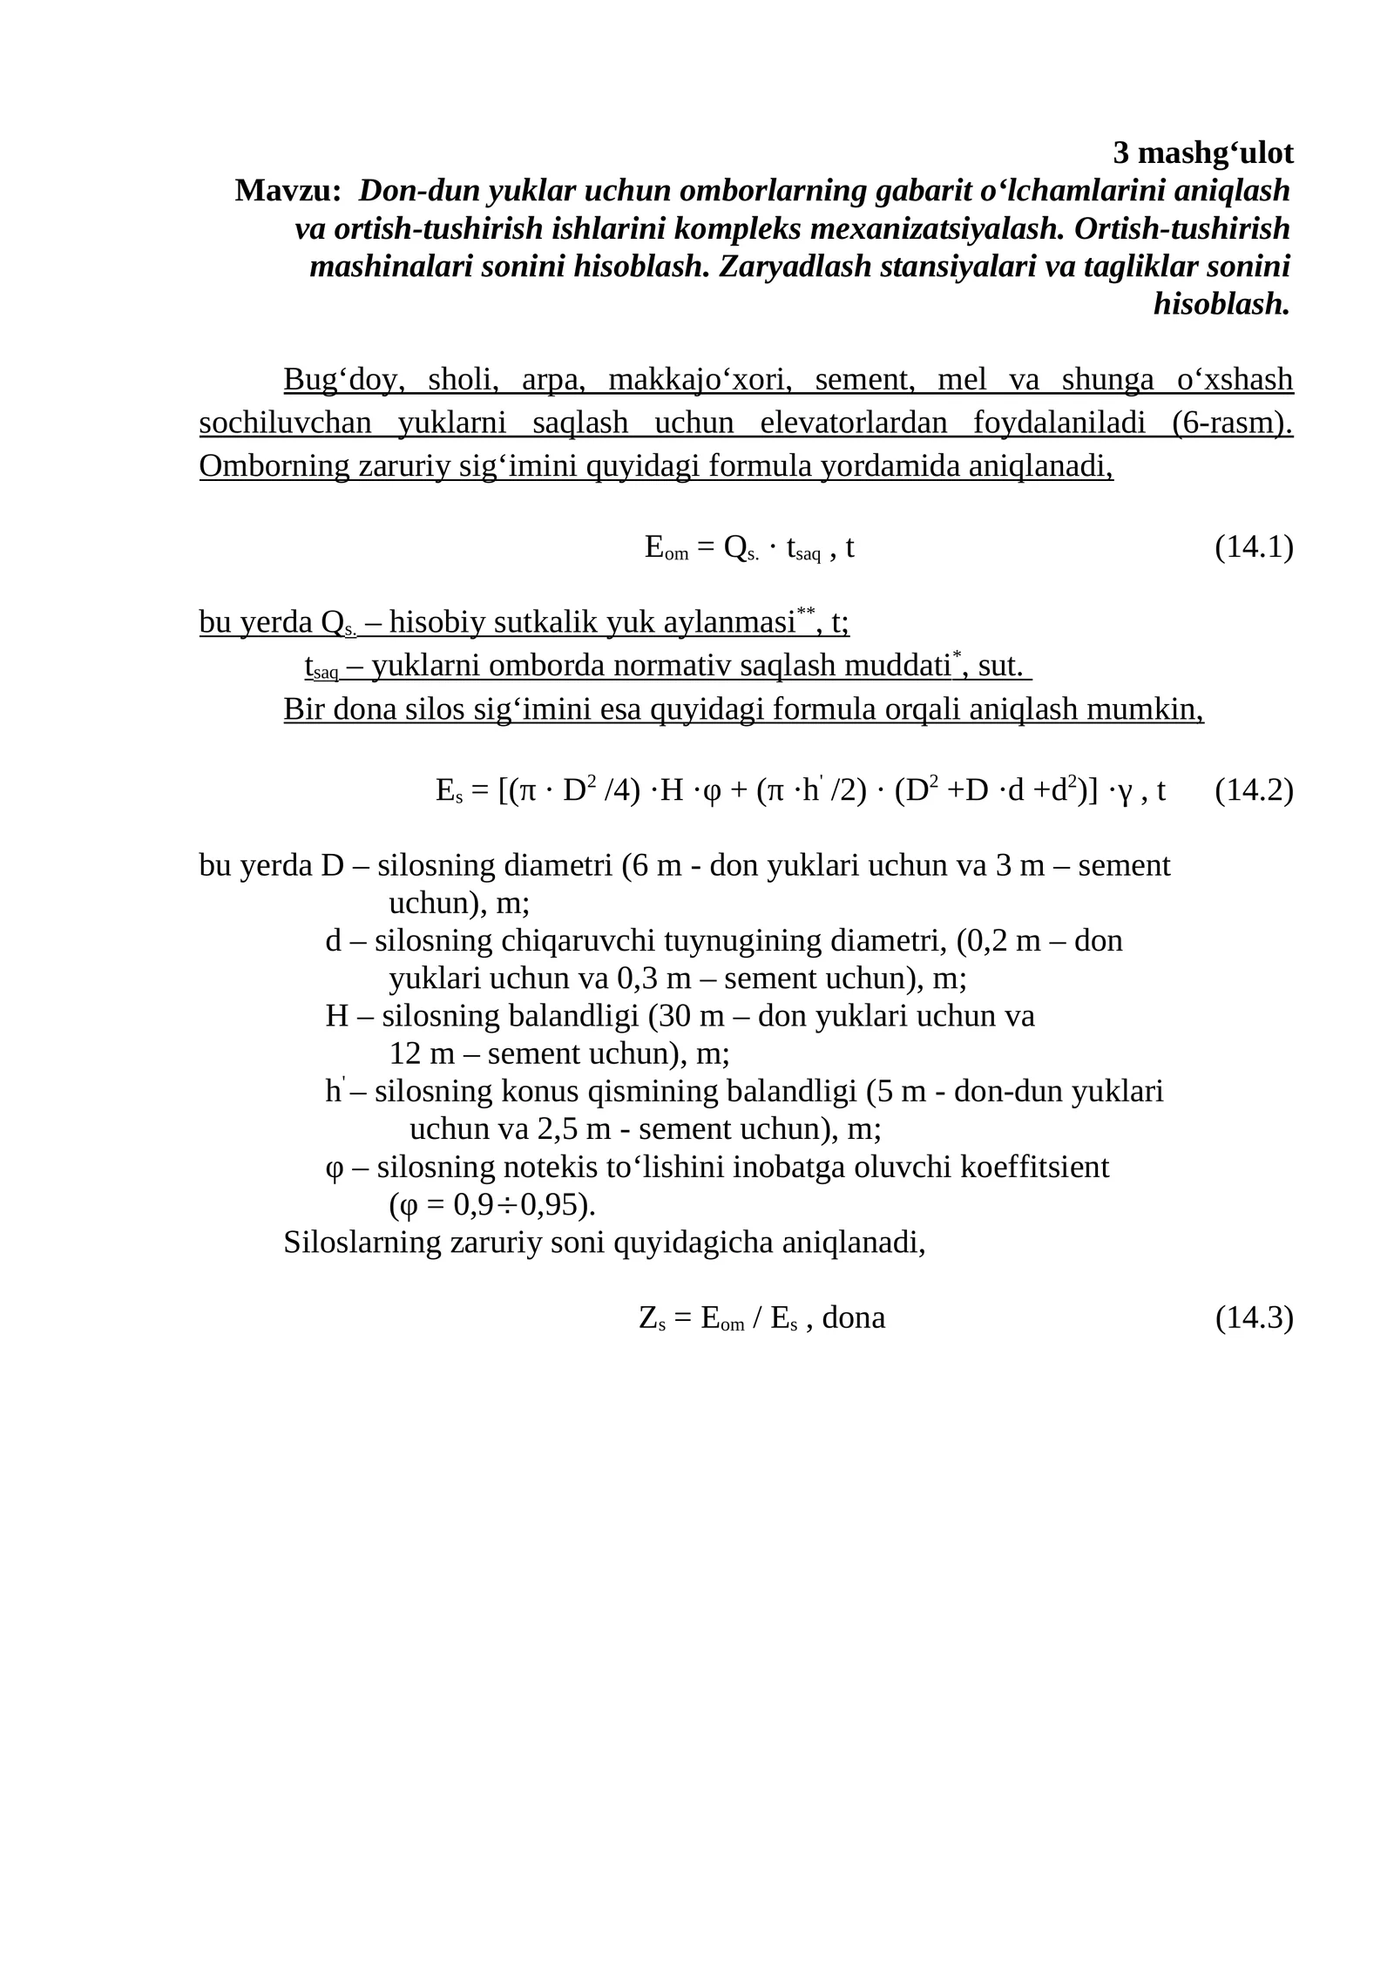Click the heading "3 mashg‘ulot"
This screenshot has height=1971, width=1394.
click(1202, 153)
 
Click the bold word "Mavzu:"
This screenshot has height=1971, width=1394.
click(288, 191)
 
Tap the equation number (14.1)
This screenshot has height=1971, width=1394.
click(1254, 548)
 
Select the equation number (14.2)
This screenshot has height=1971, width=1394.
click(1254, 790)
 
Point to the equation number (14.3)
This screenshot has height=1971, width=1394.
click(1254, 1317)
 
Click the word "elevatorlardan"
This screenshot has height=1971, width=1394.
click(853, 423)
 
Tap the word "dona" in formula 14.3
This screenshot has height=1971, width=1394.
click(853, 1317)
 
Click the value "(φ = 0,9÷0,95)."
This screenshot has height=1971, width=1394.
click(492, 1205)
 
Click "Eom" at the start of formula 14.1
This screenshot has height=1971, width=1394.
click(667, 548)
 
